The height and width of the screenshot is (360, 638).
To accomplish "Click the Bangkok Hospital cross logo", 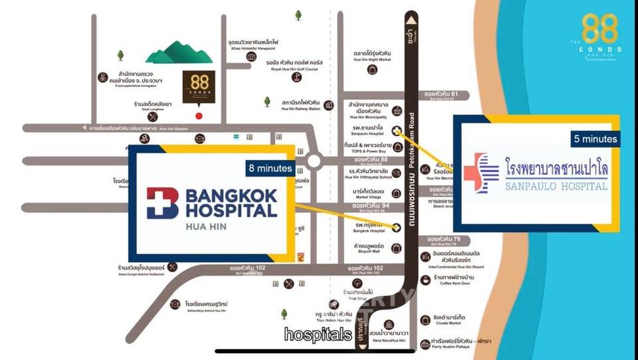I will [x=162, y=203].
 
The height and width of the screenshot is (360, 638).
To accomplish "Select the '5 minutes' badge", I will [x=595, y=139].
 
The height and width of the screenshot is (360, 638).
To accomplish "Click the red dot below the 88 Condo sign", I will [x=199, y=115].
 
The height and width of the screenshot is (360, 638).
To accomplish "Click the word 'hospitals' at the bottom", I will [x=318, y=334].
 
